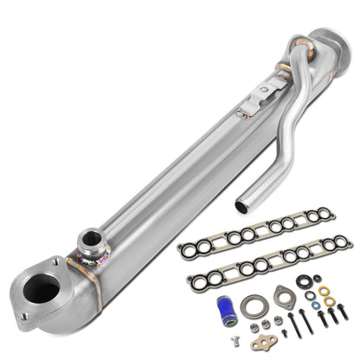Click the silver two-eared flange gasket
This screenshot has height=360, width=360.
click(x=282, y=299)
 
